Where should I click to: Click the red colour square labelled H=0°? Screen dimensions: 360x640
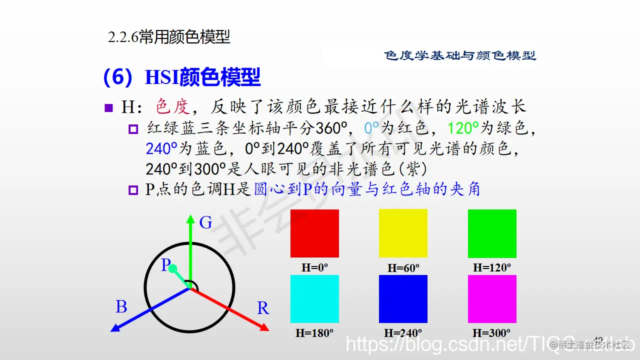(x=314, y=233)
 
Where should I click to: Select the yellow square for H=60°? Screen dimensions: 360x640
(x=403, y=233)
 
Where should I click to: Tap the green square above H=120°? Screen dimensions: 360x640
(x=492, y=233)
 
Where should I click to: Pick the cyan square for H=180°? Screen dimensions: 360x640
(x=314, y=299)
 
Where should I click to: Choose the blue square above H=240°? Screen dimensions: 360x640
(x=403, y=299)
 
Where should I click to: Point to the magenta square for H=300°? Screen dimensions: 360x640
(x=492, y=299)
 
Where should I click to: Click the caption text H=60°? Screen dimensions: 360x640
(x=403, y=268)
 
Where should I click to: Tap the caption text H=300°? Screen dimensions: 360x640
(x=491, y=332)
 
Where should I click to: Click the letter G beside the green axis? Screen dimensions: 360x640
(x=205, y=223)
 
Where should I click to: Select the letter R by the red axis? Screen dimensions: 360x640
(x=263, y=308)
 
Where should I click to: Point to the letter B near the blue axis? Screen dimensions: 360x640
(x=121, y=307)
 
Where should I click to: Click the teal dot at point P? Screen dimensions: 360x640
(x=173, y=269)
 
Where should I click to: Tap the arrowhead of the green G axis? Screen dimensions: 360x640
(x=190, y=218)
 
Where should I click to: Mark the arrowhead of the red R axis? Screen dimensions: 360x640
(x=265, y=327)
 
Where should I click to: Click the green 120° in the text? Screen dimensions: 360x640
(x=463, y=128)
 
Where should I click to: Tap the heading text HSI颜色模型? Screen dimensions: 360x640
(x=202, y=77)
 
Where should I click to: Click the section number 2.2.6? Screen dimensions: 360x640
(x=123, y=37)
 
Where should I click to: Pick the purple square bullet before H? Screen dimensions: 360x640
(x=109, y=107)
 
